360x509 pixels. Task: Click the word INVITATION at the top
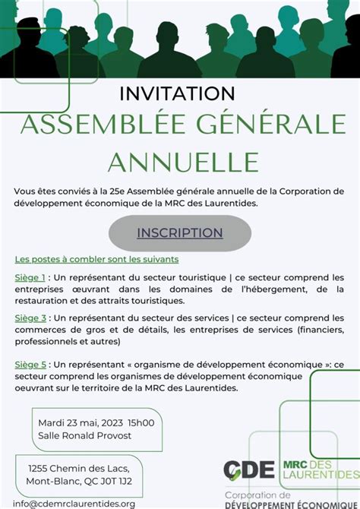[x=178, y=93]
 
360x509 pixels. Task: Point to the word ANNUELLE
[x=183, y=161]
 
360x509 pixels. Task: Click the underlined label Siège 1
[x=30, y=277]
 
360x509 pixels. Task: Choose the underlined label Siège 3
[x=30, y=318]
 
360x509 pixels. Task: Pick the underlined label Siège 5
[x=30, y=365]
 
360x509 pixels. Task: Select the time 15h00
[x=141, y=422]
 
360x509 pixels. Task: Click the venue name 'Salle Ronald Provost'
[x=84, y=435]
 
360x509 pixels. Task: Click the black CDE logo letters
[x=249, y=469]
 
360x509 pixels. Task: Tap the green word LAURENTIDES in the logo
[x=320, y=475]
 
